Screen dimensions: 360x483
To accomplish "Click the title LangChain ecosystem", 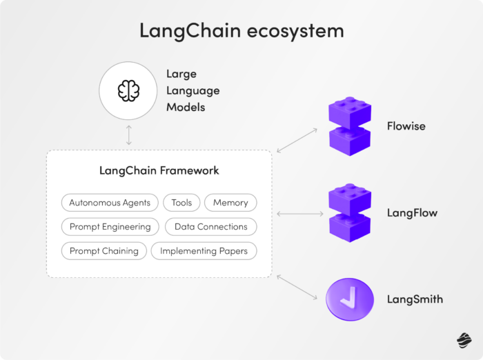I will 241,31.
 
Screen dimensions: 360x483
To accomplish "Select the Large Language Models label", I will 193,90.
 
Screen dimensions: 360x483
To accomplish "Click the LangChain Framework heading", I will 159,170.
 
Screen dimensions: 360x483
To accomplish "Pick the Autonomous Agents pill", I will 110,203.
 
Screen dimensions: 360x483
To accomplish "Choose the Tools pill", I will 181,203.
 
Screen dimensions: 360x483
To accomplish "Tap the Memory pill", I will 230,203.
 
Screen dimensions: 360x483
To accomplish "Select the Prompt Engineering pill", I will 110,227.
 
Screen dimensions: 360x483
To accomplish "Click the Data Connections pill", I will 210,227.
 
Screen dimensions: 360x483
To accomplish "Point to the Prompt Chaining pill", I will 103,251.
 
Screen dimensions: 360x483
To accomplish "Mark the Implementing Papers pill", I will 204,251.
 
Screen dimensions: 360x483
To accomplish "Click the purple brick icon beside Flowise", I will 350,126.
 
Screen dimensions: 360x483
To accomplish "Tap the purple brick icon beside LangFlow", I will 350,213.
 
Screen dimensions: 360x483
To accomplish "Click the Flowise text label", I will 406,127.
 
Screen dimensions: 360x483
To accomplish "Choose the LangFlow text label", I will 412,213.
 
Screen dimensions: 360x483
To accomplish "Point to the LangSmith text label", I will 415,299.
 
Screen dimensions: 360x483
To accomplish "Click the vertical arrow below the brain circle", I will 129,135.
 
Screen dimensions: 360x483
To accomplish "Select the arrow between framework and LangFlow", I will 299,214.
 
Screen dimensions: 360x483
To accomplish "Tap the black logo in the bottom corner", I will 463,339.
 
